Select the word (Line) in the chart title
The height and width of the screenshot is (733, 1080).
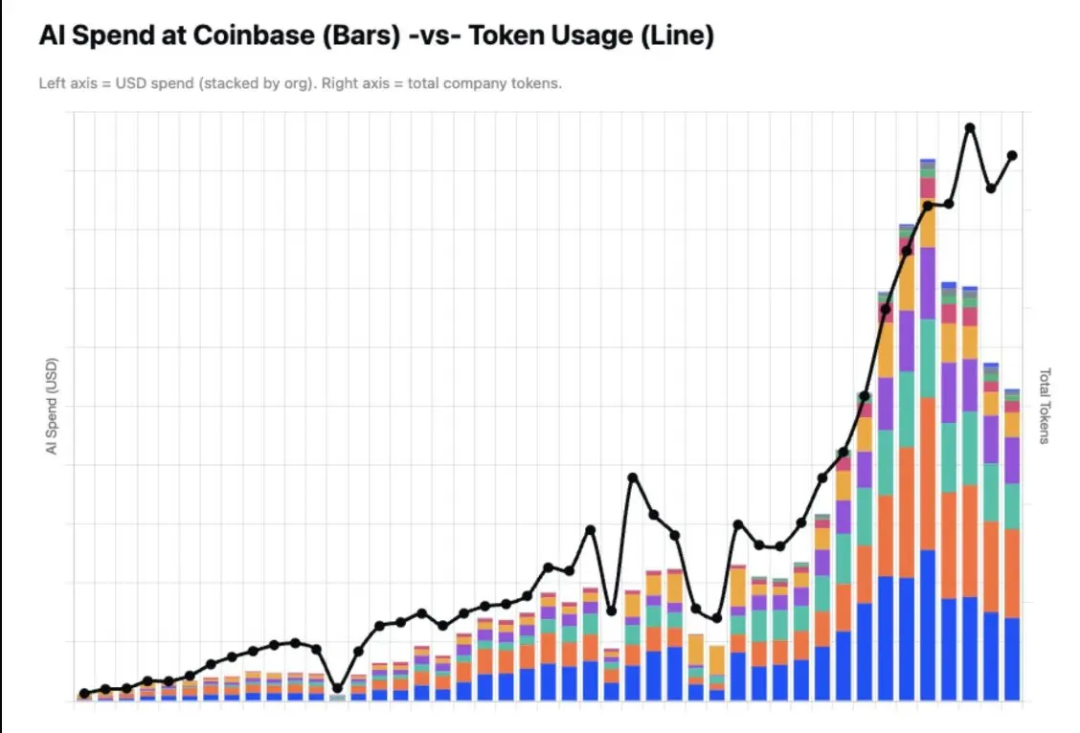tap(677, 35)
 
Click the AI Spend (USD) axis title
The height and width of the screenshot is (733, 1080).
tap(52, 406)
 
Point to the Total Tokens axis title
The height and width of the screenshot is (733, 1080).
tap(1045, 406)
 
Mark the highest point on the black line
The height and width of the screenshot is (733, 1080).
tap(970, 128)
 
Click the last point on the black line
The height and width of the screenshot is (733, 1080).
tap(1013, 156)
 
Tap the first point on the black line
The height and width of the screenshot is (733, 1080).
tap(84, 694)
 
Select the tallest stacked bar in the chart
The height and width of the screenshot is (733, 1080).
tap(928, 430)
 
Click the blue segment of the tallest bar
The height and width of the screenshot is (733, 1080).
tap(928, 625)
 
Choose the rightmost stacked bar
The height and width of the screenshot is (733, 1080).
tap(1012, 544)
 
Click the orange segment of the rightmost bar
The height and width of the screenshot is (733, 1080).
tap(1012, 573)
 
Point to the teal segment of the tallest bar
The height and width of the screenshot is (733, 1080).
tap(928, 359)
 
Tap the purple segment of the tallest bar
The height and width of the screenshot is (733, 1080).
tap(928, 283)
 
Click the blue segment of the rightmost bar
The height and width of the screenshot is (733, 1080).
tap(1012, 659)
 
